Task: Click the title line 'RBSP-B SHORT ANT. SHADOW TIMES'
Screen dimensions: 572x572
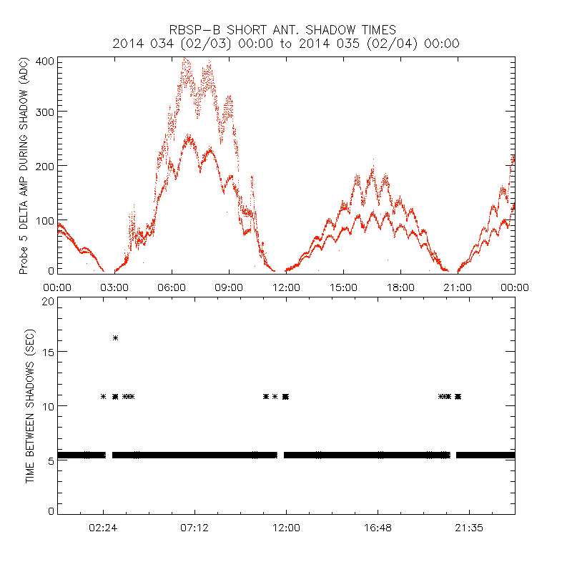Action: pyautogui.click(x=286, y=29)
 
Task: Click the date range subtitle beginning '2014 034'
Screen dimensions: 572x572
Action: pyautogui.click(x=286, y=44)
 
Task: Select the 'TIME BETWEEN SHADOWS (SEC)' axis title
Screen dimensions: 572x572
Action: pyautogui.click(x=30, y=405)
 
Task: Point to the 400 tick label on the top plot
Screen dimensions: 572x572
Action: pyautogui.click(x=46, y=61)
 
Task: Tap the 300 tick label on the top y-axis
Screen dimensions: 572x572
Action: pyautogui.click(x=46, y=112)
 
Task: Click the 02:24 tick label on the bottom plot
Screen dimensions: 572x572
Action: pyautogui.click(x=103, y=528)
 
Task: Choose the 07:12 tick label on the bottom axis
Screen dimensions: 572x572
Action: pyautogui.click(x=194, y=528)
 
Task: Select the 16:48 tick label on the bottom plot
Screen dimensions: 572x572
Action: pyautogui.click(x=378, y=528)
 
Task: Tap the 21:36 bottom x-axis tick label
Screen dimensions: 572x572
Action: pyautogui.click(x=469, y=528)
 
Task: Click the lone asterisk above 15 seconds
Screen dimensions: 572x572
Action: pyautogui.click(x=115, y=337)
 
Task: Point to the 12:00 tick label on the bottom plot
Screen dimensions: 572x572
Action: pyautogui.click(x=286, y=528)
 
